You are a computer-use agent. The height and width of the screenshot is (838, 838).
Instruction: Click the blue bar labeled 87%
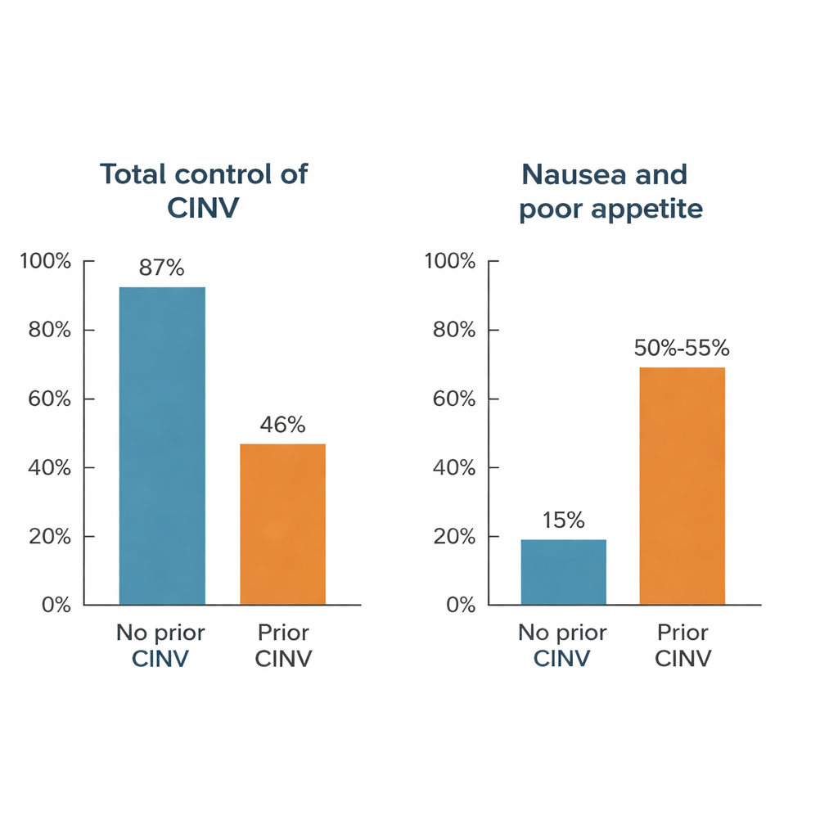click(162, 446)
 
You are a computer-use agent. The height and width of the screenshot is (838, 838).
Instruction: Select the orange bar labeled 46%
click(282, 524)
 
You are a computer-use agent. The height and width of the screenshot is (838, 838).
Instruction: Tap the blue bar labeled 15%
click(563, 572)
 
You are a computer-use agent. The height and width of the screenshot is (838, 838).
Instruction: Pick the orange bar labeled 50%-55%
click(682, 486)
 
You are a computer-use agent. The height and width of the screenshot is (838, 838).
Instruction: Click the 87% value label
click(161, 268)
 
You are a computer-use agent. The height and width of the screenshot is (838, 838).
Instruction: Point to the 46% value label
click(282, 425)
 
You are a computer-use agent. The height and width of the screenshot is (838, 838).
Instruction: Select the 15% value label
click(563, 520)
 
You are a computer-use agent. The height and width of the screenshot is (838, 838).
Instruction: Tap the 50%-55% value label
click(682, 348)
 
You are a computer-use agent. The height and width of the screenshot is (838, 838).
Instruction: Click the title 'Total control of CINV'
click(203, 190)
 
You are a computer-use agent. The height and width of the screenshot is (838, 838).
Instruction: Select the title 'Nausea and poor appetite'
click(610, 191)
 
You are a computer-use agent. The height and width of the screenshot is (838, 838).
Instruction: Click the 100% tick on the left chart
click(46, 262)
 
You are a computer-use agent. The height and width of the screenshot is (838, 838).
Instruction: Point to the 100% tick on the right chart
click(450, 262)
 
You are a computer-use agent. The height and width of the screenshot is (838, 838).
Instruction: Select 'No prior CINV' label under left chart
click(160, 645)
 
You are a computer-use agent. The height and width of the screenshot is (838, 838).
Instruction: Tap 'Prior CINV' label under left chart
click(283, 645)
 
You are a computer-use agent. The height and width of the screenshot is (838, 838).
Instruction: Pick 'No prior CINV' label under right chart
click(562, 645)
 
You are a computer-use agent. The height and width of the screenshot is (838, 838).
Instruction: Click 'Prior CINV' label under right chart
click(683, 645)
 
